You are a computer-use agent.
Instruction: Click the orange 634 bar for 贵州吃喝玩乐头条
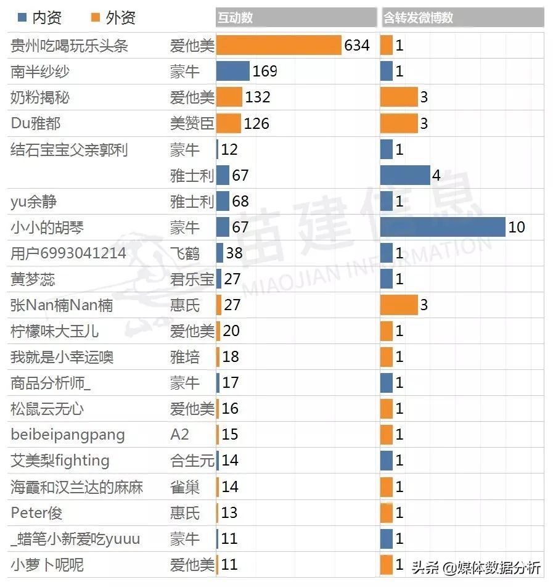click(x=279, y=46)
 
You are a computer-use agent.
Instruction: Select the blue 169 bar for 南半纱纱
click(x=233, y=72)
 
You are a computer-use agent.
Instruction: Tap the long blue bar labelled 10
click(x=443, y=228)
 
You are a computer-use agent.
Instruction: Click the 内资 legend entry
click(x=41, y=18)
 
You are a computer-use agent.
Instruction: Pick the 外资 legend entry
click(x=114, y=18)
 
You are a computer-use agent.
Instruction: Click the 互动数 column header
click(x=235, y=18)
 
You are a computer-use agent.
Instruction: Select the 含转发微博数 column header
click(x=419, y=18)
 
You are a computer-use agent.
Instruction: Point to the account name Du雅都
click(x=36, y=123)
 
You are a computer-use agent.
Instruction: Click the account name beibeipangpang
click(x=68, y=435)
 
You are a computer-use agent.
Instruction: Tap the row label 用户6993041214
click(x=68, y=253)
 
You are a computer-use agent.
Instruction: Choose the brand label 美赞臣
click(x=192, y=123)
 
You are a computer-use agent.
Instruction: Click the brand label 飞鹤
click(x=185, y=253)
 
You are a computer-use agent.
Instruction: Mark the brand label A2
click(x=179, y=435)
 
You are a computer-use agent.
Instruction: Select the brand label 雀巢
click(x=185, y=487)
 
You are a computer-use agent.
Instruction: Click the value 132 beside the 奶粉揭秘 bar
click(x=258, y=97)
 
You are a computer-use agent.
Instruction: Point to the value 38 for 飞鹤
click(x=234, y=253)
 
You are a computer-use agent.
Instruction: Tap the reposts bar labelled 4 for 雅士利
click(x=405, y=176)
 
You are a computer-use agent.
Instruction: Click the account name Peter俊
click(x=36, y=513)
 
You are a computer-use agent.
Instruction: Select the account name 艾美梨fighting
click(x=60, y=461)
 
